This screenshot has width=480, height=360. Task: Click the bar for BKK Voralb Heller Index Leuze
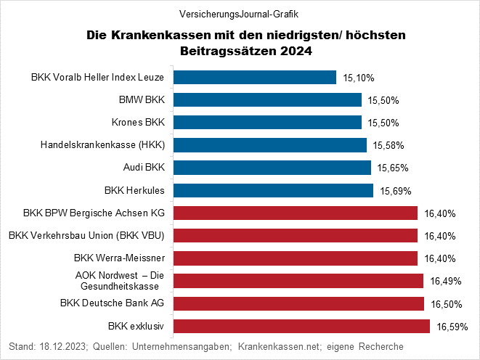pos(254,77)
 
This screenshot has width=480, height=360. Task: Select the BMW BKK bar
pos(267,99)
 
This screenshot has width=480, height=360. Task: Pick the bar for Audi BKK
pos(271,168)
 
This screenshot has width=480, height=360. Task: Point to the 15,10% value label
pos(358,77)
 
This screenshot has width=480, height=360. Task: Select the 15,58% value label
pos(389,145)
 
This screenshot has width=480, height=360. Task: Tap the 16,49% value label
pos(445,281)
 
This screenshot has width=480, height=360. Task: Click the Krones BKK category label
pos(139,122)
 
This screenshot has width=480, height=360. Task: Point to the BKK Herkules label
pos(135,191)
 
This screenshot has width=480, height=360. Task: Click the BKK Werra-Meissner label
pos(120,258)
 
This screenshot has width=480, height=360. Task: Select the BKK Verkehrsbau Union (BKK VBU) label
pos(86,235)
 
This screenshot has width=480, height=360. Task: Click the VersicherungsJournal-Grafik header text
pos(239,14)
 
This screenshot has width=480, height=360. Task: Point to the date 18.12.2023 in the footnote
pos(62,346)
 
